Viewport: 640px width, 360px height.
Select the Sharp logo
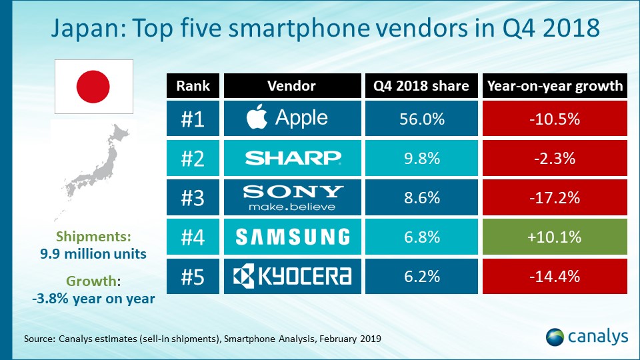[293, 158]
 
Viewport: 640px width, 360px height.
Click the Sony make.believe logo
[293, 197]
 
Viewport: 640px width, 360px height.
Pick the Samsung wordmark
[293, 236]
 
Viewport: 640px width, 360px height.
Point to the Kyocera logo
[293, 275]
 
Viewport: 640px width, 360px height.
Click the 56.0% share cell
[422, 118]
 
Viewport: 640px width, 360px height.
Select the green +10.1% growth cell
[555, 236]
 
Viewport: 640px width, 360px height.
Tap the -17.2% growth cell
[555, 197]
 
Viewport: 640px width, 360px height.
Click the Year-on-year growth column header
[555, 85]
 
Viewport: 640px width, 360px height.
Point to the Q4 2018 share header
[422, 85]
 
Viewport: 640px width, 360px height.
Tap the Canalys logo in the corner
[586, 336]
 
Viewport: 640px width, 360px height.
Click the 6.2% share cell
[422, 275]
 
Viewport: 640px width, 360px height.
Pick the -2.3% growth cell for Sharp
[555, 158]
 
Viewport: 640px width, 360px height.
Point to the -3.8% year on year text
[93, 299]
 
